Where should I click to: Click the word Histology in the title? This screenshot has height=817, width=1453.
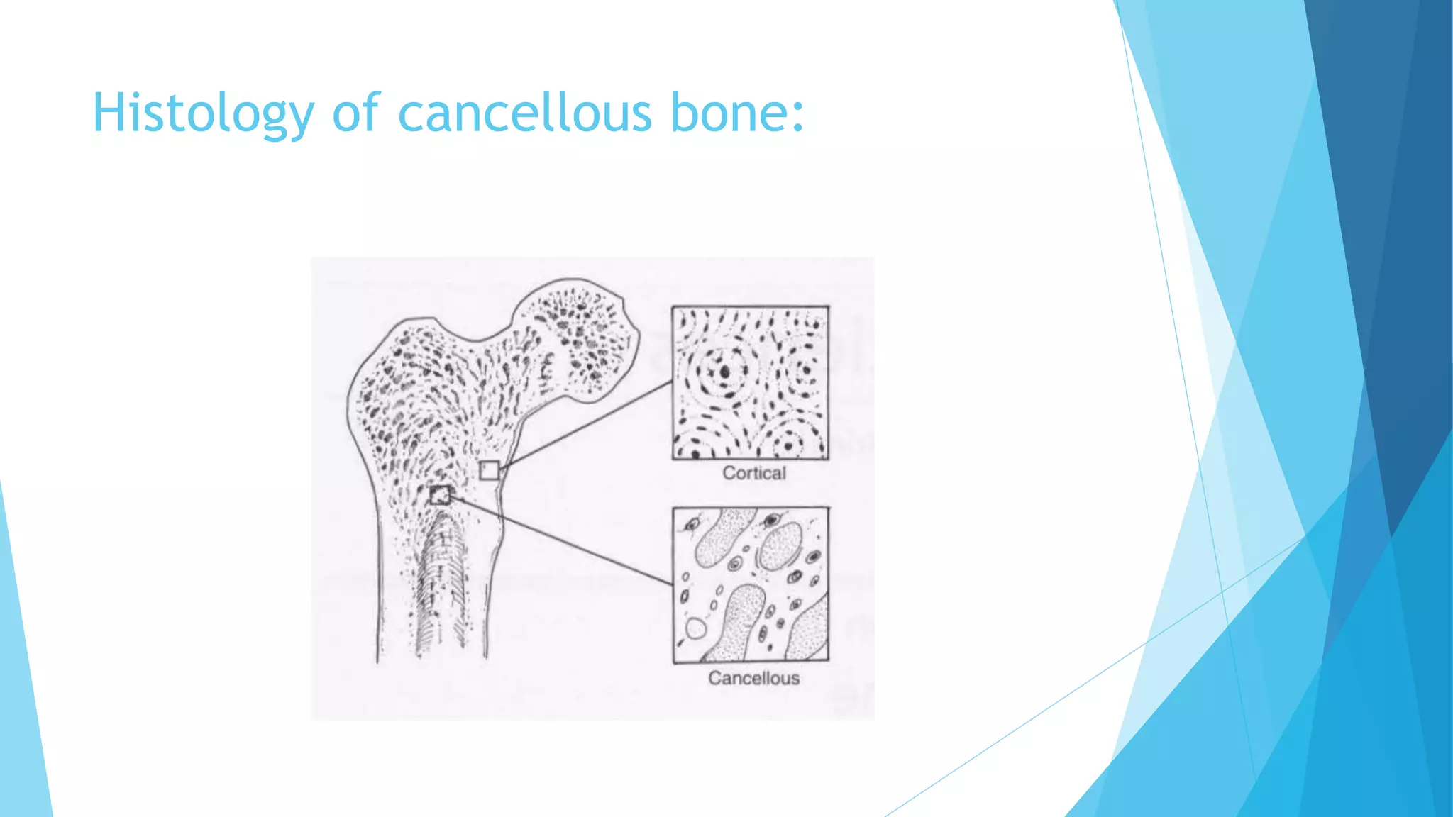coord(203,113)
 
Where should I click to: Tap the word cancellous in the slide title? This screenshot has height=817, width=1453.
coord(525,113)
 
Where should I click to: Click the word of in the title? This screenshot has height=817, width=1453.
coord(356,113)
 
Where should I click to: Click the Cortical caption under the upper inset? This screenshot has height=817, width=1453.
coord(753,473)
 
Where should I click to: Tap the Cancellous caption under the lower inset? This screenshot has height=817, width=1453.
coord(753,678)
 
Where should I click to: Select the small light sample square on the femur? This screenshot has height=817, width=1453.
coord(489,470)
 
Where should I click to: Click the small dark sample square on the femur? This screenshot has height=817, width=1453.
coord(440,495)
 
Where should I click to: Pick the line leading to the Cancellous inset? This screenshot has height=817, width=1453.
coord(560,540)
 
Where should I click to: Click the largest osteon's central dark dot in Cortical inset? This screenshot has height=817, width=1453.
coord(724,371)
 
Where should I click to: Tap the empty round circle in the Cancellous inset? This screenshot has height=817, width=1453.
coord(695,628)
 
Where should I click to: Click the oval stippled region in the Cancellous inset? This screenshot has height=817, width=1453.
coord(780,546)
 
